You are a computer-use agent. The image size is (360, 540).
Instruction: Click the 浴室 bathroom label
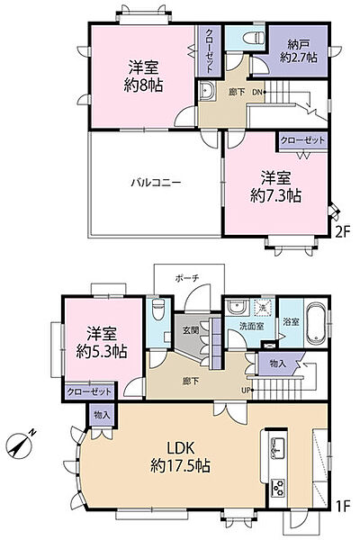coord(291,321)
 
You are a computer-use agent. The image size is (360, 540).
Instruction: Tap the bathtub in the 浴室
coord(318,321)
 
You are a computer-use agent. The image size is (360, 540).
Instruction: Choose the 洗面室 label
coord(249,328)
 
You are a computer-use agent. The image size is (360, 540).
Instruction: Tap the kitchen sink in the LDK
coord(277,446)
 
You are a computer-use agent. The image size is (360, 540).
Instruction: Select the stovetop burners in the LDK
coord(277,488)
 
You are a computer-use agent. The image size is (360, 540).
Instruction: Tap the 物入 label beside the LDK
coord(102,415)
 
